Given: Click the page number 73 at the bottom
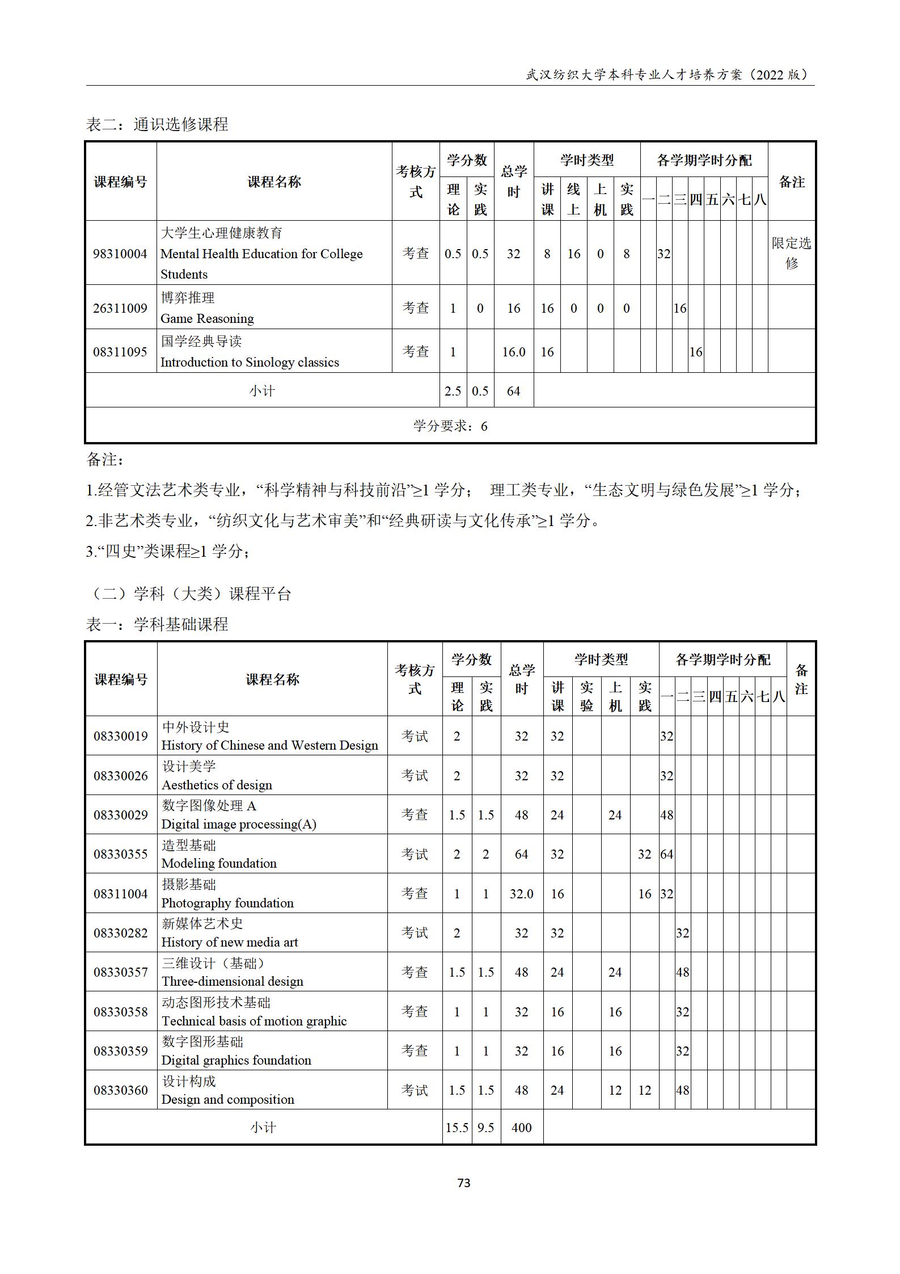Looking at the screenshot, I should click(x=463, y=1183).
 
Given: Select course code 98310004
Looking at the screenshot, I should click(x=120, y=254).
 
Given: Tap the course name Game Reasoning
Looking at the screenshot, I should click(x=207, y=318).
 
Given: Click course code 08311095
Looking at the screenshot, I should click(x=120, y=352).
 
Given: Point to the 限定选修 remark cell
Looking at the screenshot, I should click(x=791, y=253).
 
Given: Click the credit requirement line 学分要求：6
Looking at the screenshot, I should click(x=450, y=426).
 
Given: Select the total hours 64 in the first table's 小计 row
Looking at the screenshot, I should click(x=513, y=391).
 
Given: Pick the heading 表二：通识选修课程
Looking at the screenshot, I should click(x=157, y=124).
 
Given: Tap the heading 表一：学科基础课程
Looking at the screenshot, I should click(x=157, y=625).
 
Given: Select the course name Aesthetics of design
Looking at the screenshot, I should click(x=217, y=785).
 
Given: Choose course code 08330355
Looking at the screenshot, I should click(x=120, y=854).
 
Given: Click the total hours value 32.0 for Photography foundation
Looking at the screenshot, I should click(x=521, y=894).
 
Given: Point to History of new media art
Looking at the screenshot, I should click(x=229, y=942).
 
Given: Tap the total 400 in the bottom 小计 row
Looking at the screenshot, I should click(x=521, y=1128).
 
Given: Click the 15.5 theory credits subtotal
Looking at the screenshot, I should click(x=457, y=1128).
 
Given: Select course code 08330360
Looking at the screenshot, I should click(x=120, y=1090).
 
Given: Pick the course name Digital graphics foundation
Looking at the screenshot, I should click(x=236, y=1060).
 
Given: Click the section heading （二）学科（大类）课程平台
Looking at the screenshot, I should click(x=189, y=594).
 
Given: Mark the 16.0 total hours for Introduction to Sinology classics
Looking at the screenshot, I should click(x=513, y=352).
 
